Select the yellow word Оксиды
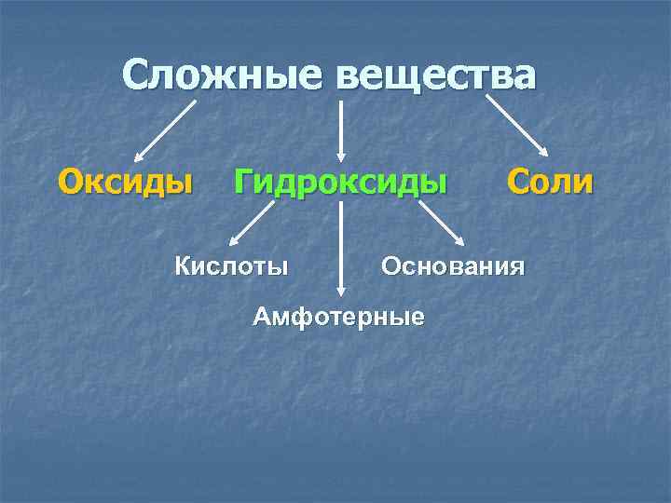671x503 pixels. pyautogui.click(x=127, y=181)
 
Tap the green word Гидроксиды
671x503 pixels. pyautogui.click(x=340, y=181)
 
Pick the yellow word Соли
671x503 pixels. pyautogui.click(x=550, y=181)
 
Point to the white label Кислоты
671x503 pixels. pyautogui.click(x=232, y=267)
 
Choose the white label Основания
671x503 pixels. pyautogui.click(x=452, y=267)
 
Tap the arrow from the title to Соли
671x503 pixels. pyautogui.click(x=518, y=128)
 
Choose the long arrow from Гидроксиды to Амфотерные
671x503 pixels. pyautogui.click(x=342, y=247)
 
